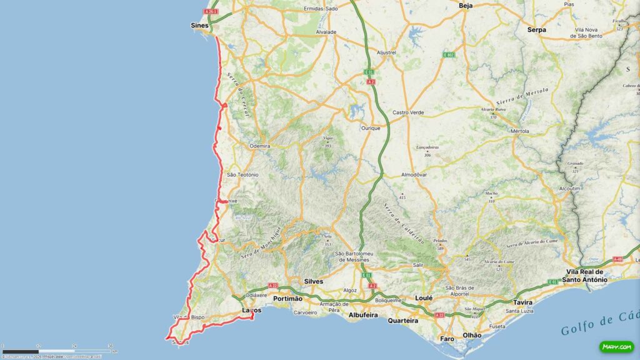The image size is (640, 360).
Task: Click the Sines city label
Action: coord(199,26)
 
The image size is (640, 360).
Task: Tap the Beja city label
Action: coord(466,6)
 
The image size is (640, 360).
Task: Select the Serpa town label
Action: coord(536,29)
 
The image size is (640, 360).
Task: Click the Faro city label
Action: coord(447,339)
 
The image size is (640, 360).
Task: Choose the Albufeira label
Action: coord(363,315)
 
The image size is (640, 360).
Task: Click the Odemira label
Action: coord(259,146)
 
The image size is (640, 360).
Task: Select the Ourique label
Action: coord(371,127)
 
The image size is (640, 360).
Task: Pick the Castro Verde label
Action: coord(409,112)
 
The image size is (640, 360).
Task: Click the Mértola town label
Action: coord(519,132)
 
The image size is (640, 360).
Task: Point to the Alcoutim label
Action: coord(569,188)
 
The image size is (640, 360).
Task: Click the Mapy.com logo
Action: coord(617,346)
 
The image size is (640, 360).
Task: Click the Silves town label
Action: coord(313,281)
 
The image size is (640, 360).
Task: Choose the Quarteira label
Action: coord(402,321)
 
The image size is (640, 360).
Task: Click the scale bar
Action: coord(56,351)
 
